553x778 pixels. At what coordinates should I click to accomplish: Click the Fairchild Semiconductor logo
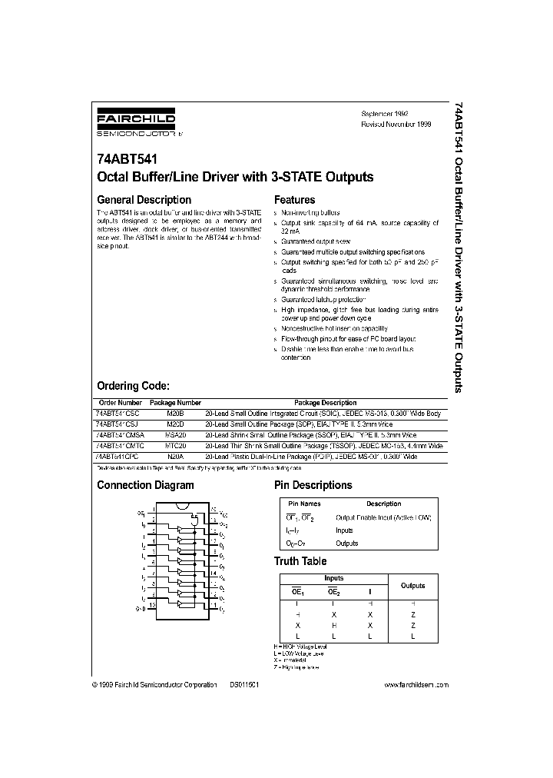pos(136,122)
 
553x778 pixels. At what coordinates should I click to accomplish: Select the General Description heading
pos(144,200)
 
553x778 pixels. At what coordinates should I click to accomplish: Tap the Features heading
pos(294,200)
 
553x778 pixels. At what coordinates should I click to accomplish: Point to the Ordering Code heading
pos(132,386)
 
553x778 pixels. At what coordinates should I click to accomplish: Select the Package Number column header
pos(175,403)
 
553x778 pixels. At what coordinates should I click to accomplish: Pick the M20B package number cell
pos(175,414)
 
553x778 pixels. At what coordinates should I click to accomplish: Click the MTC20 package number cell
pos(175,445)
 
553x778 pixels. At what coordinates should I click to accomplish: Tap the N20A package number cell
pos(175,456)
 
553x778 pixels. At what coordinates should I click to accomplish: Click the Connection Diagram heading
pos(145,485)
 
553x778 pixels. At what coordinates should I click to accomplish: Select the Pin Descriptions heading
pos(313,485)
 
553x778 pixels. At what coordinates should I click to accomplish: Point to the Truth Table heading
pos(300,561)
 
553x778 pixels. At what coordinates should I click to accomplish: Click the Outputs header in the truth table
pos(412,586)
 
